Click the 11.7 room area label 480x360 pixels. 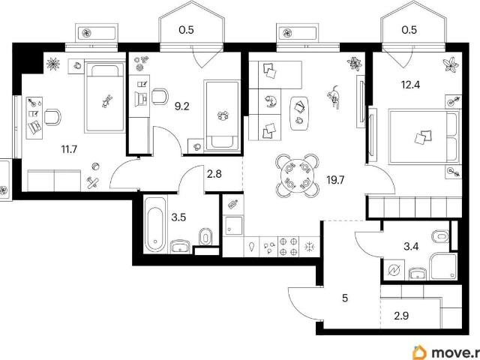pyautogui.click(x=69, y=150)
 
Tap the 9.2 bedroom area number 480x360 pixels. pyautogui.click(x=181, y=106)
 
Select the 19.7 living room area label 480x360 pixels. pyautogui.click(x=335, y=180)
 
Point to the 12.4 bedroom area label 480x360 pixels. pyautogui.click(x=410, y=85)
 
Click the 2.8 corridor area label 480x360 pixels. pyautogui.click(x=214, y=174)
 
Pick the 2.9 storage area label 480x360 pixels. pyautogui.click(x=401, y=316)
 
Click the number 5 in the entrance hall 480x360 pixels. pyautogui.click(x=345, y=298)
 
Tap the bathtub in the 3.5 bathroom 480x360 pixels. pyautogui.click(x=155, y=225)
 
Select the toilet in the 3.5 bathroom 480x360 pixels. pyautogui.click(x=205, y=236)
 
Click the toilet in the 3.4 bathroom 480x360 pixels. pyautogui.click(x=440, y=236)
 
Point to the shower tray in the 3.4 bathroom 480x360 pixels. pyautogui.click(x=443, y=267)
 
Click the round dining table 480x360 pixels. pyautogui.click(x=297, y=176)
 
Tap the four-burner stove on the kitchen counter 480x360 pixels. pyautogui.click(x=288, y=247)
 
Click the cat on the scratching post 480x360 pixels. pyautogui.click(x=334, y=97)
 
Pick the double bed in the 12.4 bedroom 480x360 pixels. pyautogui.click(x=424, y=136)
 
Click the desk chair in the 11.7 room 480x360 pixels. pyautogui.click(x=52, y=117)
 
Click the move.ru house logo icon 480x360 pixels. pyautogui.click(x=420, y=352)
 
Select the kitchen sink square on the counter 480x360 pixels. pyautogui.click(x=233, y=226)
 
